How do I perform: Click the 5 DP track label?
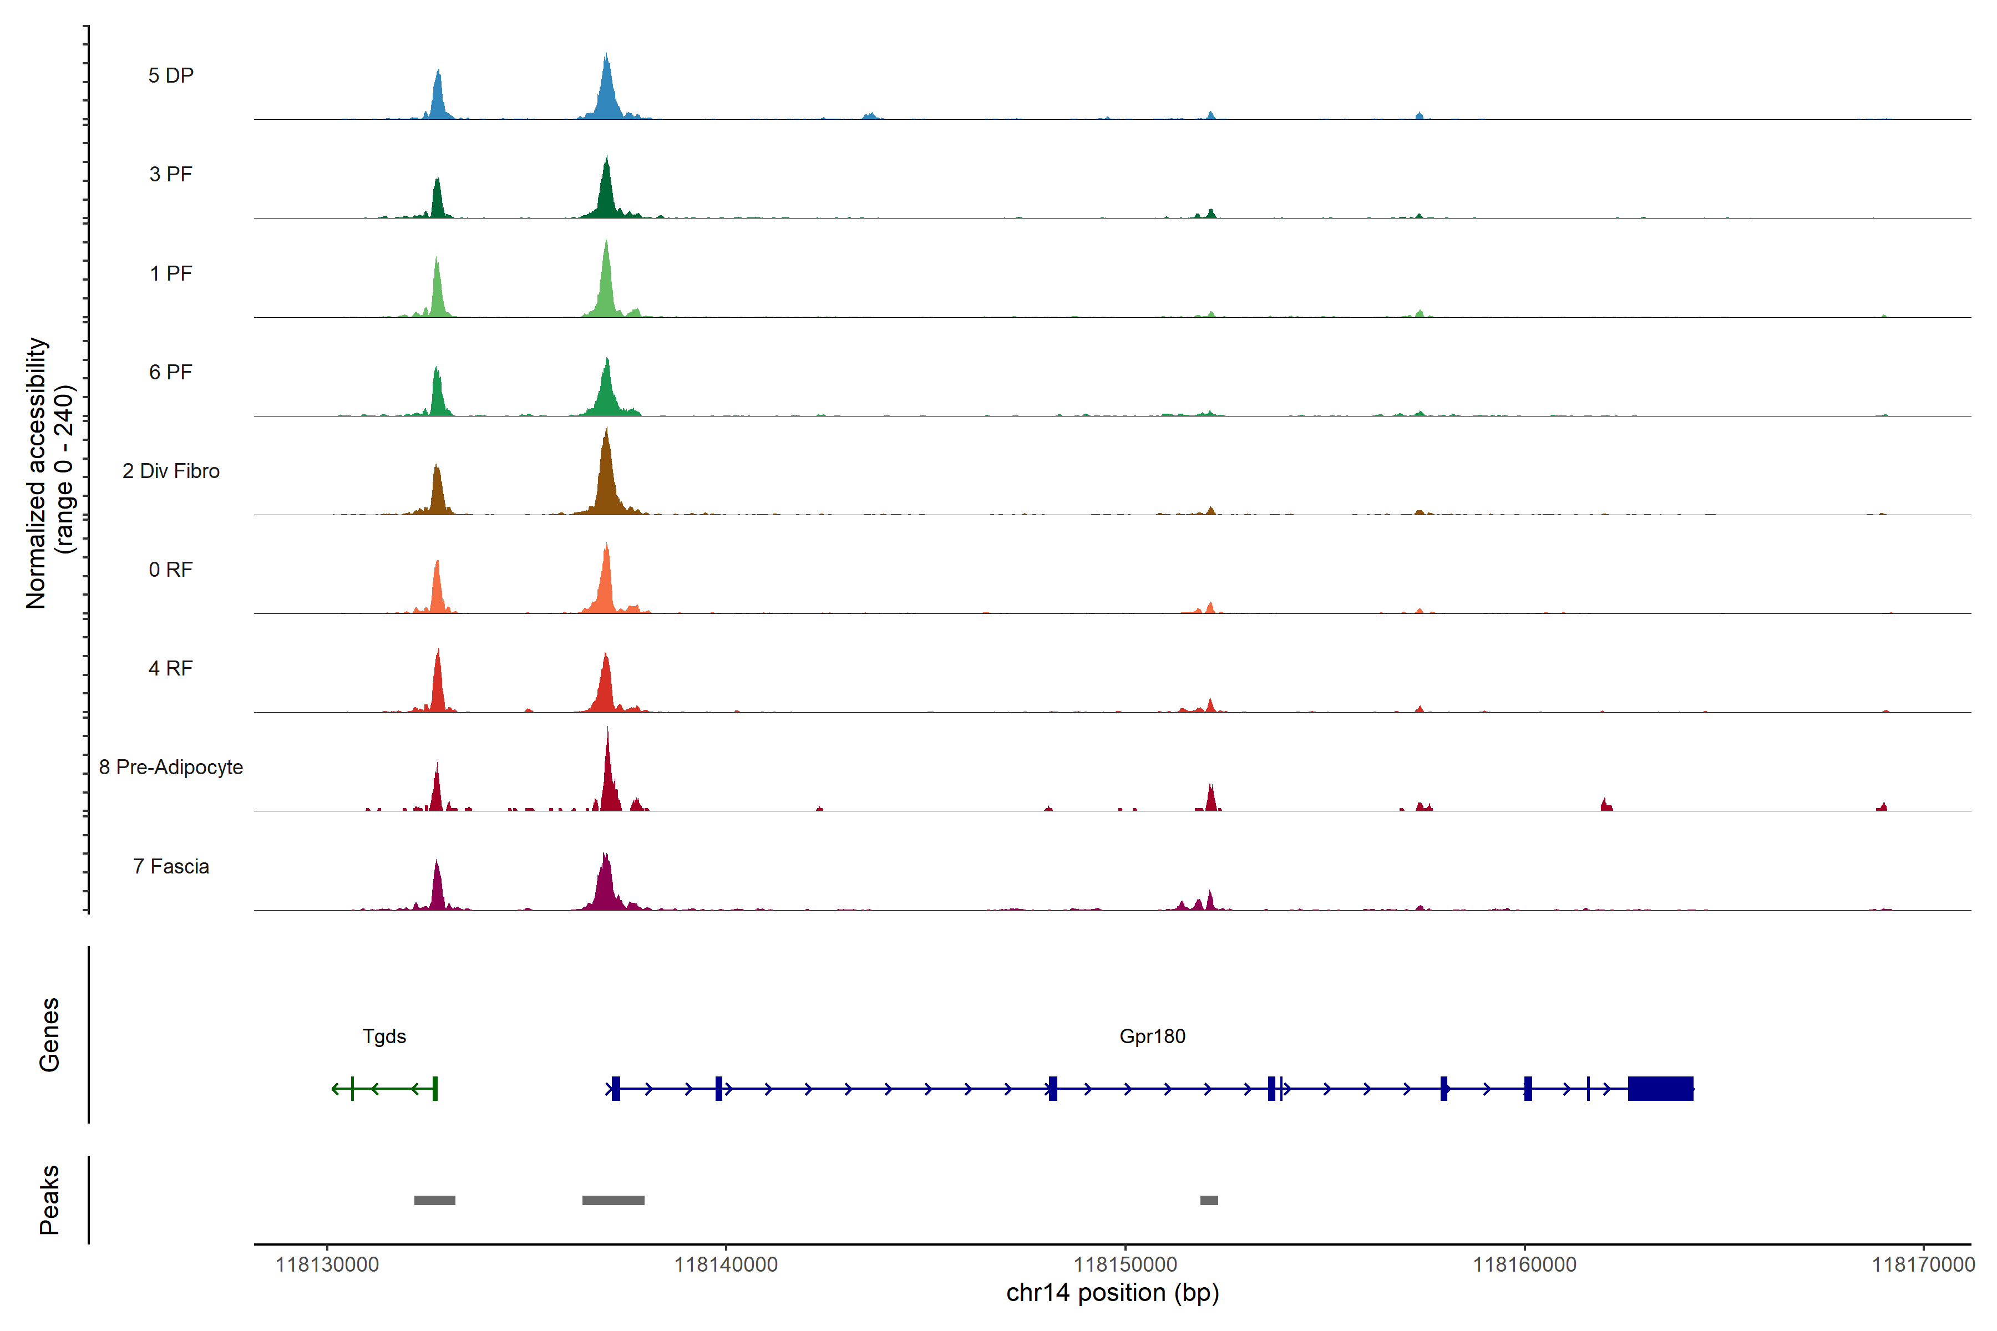tap(171, 75)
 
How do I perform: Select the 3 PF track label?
tap(171, 175)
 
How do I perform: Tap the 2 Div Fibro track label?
tap(171, 471)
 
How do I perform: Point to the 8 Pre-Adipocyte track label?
tap(171, 768)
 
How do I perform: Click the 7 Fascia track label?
tap(171, 867)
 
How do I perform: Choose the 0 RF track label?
tap(171, 570)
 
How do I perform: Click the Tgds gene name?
tap(384, 1037)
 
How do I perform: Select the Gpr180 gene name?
tap(1152, 1037)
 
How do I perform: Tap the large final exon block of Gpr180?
tap(1660, 1088)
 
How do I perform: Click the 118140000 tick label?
tap(726, 1265)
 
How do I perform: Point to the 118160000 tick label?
tap(1524, 1265)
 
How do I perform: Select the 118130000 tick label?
tap(327, 1265)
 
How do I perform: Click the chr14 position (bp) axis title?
tap(1112, 1293)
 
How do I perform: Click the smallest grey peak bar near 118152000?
tap(1209, 1200)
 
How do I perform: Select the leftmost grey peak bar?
tap(435, 1200)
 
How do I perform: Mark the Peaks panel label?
tap(49, 1200)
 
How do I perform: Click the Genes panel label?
tap(49, 1035)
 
